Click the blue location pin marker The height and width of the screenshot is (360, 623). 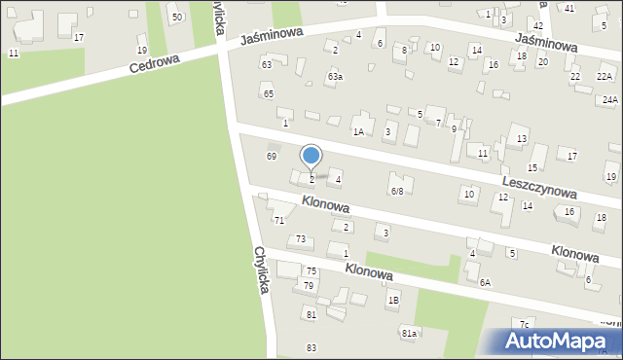(311, 156)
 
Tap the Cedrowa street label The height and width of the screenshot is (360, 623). (156, 66)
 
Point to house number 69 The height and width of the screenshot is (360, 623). (272, 156)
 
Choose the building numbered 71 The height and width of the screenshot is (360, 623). (278, 221)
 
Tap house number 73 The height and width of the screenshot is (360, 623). (302, 239)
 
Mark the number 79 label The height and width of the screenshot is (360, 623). (309, 285)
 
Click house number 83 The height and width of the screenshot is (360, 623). (311, 347)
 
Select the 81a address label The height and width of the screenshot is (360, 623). (410, 334)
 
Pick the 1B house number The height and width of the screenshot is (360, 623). (393, 301)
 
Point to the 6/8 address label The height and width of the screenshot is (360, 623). (397, 191)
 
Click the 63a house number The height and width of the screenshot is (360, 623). (335, 76)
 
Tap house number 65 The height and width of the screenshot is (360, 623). (268, 93)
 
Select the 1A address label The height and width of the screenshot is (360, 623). (358, 131)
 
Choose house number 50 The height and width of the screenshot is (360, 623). (175, 18)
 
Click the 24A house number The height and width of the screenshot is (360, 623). (609, 99)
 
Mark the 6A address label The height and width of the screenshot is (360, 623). (485, 282)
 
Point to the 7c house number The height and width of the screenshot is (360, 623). (524, 324)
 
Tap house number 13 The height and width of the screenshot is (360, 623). (522, 139)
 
